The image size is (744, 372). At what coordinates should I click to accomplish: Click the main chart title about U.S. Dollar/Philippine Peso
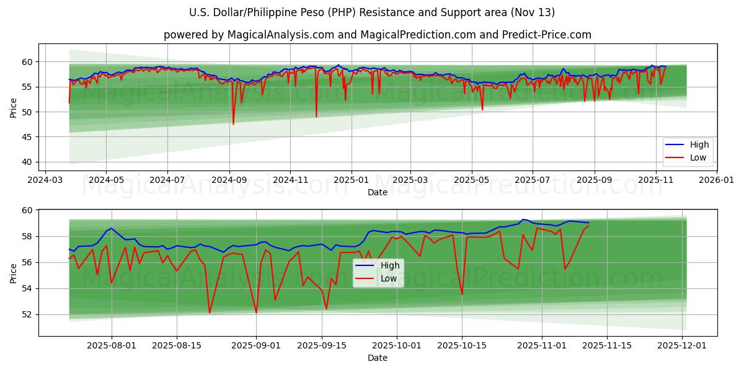[372, 12]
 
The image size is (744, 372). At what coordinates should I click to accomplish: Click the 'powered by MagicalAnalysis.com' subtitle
[377, 35]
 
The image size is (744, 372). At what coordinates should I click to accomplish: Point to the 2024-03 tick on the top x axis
[45, 180]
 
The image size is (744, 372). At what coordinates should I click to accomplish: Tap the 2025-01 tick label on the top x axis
[351, 180]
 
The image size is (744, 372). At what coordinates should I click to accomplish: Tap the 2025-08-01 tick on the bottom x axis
[112, 346]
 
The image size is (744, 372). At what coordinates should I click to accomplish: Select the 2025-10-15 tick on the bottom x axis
[461, 346]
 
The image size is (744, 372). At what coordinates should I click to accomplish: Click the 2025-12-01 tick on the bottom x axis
[683, 346]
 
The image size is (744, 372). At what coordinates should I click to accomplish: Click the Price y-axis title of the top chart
[14, 108]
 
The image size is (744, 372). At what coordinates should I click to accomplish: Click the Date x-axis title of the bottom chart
[377, 358]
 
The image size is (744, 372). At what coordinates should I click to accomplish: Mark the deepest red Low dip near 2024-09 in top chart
[233, 124]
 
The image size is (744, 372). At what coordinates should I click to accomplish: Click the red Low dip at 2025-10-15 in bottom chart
[462, 294]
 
